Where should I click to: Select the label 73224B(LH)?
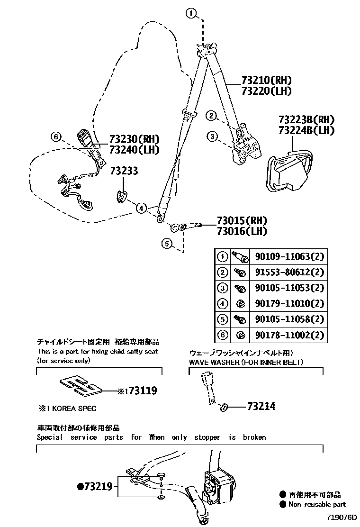pyautogui.click(x=306, y=130)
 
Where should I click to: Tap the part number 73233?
pyautogui.click(x=124, y=171)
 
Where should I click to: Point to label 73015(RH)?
pyautogui.click(x=242, y=221)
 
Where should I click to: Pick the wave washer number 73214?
pyautogui.click(x=261, y=406)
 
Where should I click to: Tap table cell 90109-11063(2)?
pyautogui.click(x=288, y=257)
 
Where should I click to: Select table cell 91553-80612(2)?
pyautogui.click(x=288, y=273)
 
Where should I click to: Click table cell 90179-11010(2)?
pyautogui.click(x=288, y=304)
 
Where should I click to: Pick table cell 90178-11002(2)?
pyautogui.click(x=288, y=335)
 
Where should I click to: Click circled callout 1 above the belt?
pyautogui.click(x=190, y=14)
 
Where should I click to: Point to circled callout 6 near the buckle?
pyautogui.click(x=56, y=137)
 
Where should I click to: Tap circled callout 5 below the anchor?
pyautogui.click(x=166, y=244)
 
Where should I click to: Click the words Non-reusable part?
pyautogui.click(x=317, y=504)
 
